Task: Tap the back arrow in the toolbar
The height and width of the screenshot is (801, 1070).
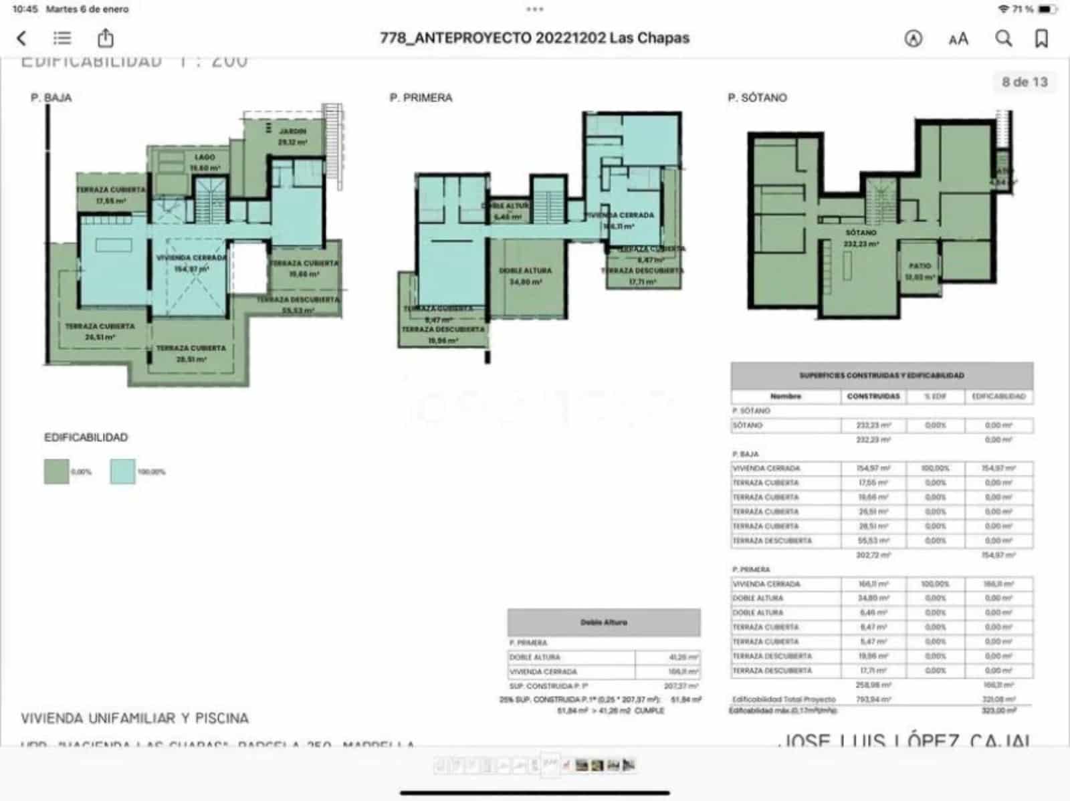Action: tap(21, 38)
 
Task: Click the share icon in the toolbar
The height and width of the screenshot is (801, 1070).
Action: tap(106, 38)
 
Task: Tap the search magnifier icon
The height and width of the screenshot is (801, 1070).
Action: tap(1003, 38)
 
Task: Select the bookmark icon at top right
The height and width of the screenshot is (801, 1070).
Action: tap(1041, 38)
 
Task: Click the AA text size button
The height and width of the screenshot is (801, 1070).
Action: tap(958, 39)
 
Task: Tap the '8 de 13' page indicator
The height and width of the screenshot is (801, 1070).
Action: tap(1024, 82)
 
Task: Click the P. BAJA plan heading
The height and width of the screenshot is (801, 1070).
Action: tap(51, 98)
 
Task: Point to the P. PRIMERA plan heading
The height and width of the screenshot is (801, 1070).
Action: tap(421, 98)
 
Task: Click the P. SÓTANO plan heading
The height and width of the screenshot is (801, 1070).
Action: tap(757, 98)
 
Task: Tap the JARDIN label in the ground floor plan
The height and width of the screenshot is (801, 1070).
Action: tap(292, 132)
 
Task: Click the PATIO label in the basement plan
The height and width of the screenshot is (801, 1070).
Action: tap(920, 266)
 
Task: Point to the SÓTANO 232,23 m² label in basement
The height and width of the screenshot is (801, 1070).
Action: tap(861, 238)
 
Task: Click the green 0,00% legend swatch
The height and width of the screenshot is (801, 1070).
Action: tap(56, 471)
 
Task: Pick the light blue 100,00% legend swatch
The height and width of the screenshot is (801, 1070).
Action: tap(122, 471)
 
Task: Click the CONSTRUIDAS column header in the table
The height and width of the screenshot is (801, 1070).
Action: tap(873, 396)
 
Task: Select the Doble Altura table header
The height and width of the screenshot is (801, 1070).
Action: tap(603, 622)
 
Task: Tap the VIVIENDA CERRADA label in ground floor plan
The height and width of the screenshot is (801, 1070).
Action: tap(191, 258)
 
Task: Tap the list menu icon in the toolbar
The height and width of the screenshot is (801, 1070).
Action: tap(62, 38)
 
